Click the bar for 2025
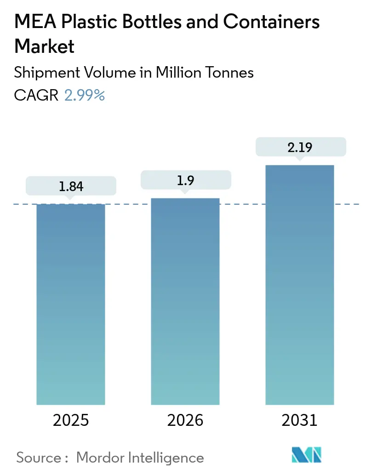click(71, 303)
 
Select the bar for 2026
click(185, 301)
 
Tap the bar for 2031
click(300, 285)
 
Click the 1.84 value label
click(71, 186)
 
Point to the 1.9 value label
click(185, 180)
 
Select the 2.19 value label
click(300, 147)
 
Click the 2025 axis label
click(71, 420)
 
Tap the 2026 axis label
click(185, 420)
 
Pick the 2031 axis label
click(300, 420)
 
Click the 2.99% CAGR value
click(85, 95)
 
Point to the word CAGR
click(36, 95)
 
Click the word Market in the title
click(45, 46)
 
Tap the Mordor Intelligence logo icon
click(307, 455)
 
